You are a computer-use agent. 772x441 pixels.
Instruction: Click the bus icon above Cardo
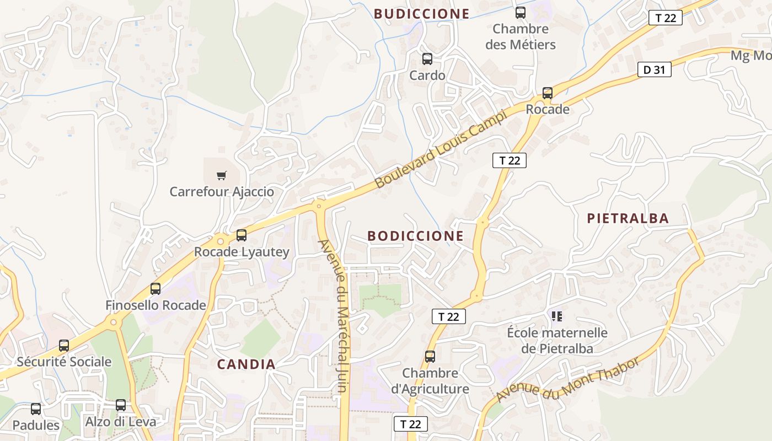point(427,59)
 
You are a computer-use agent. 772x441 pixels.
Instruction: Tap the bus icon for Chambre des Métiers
point(521,13)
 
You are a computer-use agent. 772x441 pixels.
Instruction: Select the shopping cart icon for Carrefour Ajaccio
point(222,175)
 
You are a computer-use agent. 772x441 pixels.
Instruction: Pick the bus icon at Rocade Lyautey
point(242,235)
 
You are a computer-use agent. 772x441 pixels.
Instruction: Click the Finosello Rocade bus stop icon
point(156,289)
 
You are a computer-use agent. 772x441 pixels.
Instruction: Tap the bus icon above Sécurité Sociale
point(64,346)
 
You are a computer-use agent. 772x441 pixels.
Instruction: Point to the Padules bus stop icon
point(36,409)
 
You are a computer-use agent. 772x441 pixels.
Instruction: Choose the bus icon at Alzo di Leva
point(121,405)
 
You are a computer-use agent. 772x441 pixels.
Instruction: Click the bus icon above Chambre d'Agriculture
point(430,357)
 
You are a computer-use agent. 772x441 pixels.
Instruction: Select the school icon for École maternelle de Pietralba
point(557,316)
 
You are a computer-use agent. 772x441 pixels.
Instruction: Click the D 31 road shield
point(655,69)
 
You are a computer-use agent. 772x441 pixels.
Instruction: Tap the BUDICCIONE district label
point(422,14)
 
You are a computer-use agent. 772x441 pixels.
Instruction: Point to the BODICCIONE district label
point(415,236)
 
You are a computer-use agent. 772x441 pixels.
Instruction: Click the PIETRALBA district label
point(628,218)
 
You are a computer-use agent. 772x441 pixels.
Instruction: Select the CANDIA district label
point(246,364)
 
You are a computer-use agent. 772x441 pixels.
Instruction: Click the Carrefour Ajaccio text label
point(222,192)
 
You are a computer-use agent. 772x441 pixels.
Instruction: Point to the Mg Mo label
point(750,56)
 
